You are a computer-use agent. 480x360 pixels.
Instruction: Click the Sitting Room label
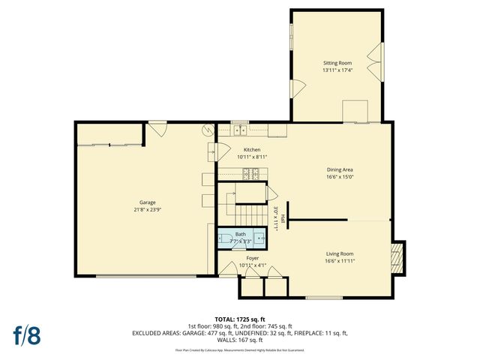[x=337, y=63]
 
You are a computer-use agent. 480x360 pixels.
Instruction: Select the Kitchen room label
[x=252, y=149]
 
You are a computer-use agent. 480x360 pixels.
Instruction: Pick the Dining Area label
[x=340, y=169]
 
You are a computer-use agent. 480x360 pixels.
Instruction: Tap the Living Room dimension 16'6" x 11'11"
[x=340, y=261]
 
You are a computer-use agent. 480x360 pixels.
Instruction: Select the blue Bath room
[x=241, y=238]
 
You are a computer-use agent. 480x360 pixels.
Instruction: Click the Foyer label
[x=252, y=257]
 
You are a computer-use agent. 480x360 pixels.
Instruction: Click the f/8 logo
[x=25, y=334]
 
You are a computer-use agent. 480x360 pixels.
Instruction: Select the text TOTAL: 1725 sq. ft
[x=240, y=318]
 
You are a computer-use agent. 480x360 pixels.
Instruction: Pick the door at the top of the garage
[x=157, y=129]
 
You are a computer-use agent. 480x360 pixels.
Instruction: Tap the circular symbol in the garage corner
[x=208, y=130]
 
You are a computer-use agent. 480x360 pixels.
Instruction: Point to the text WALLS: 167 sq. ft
[x=240, y=339]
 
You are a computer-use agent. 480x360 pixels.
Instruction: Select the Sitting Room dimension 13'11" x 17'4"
[x=337, y=70]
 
